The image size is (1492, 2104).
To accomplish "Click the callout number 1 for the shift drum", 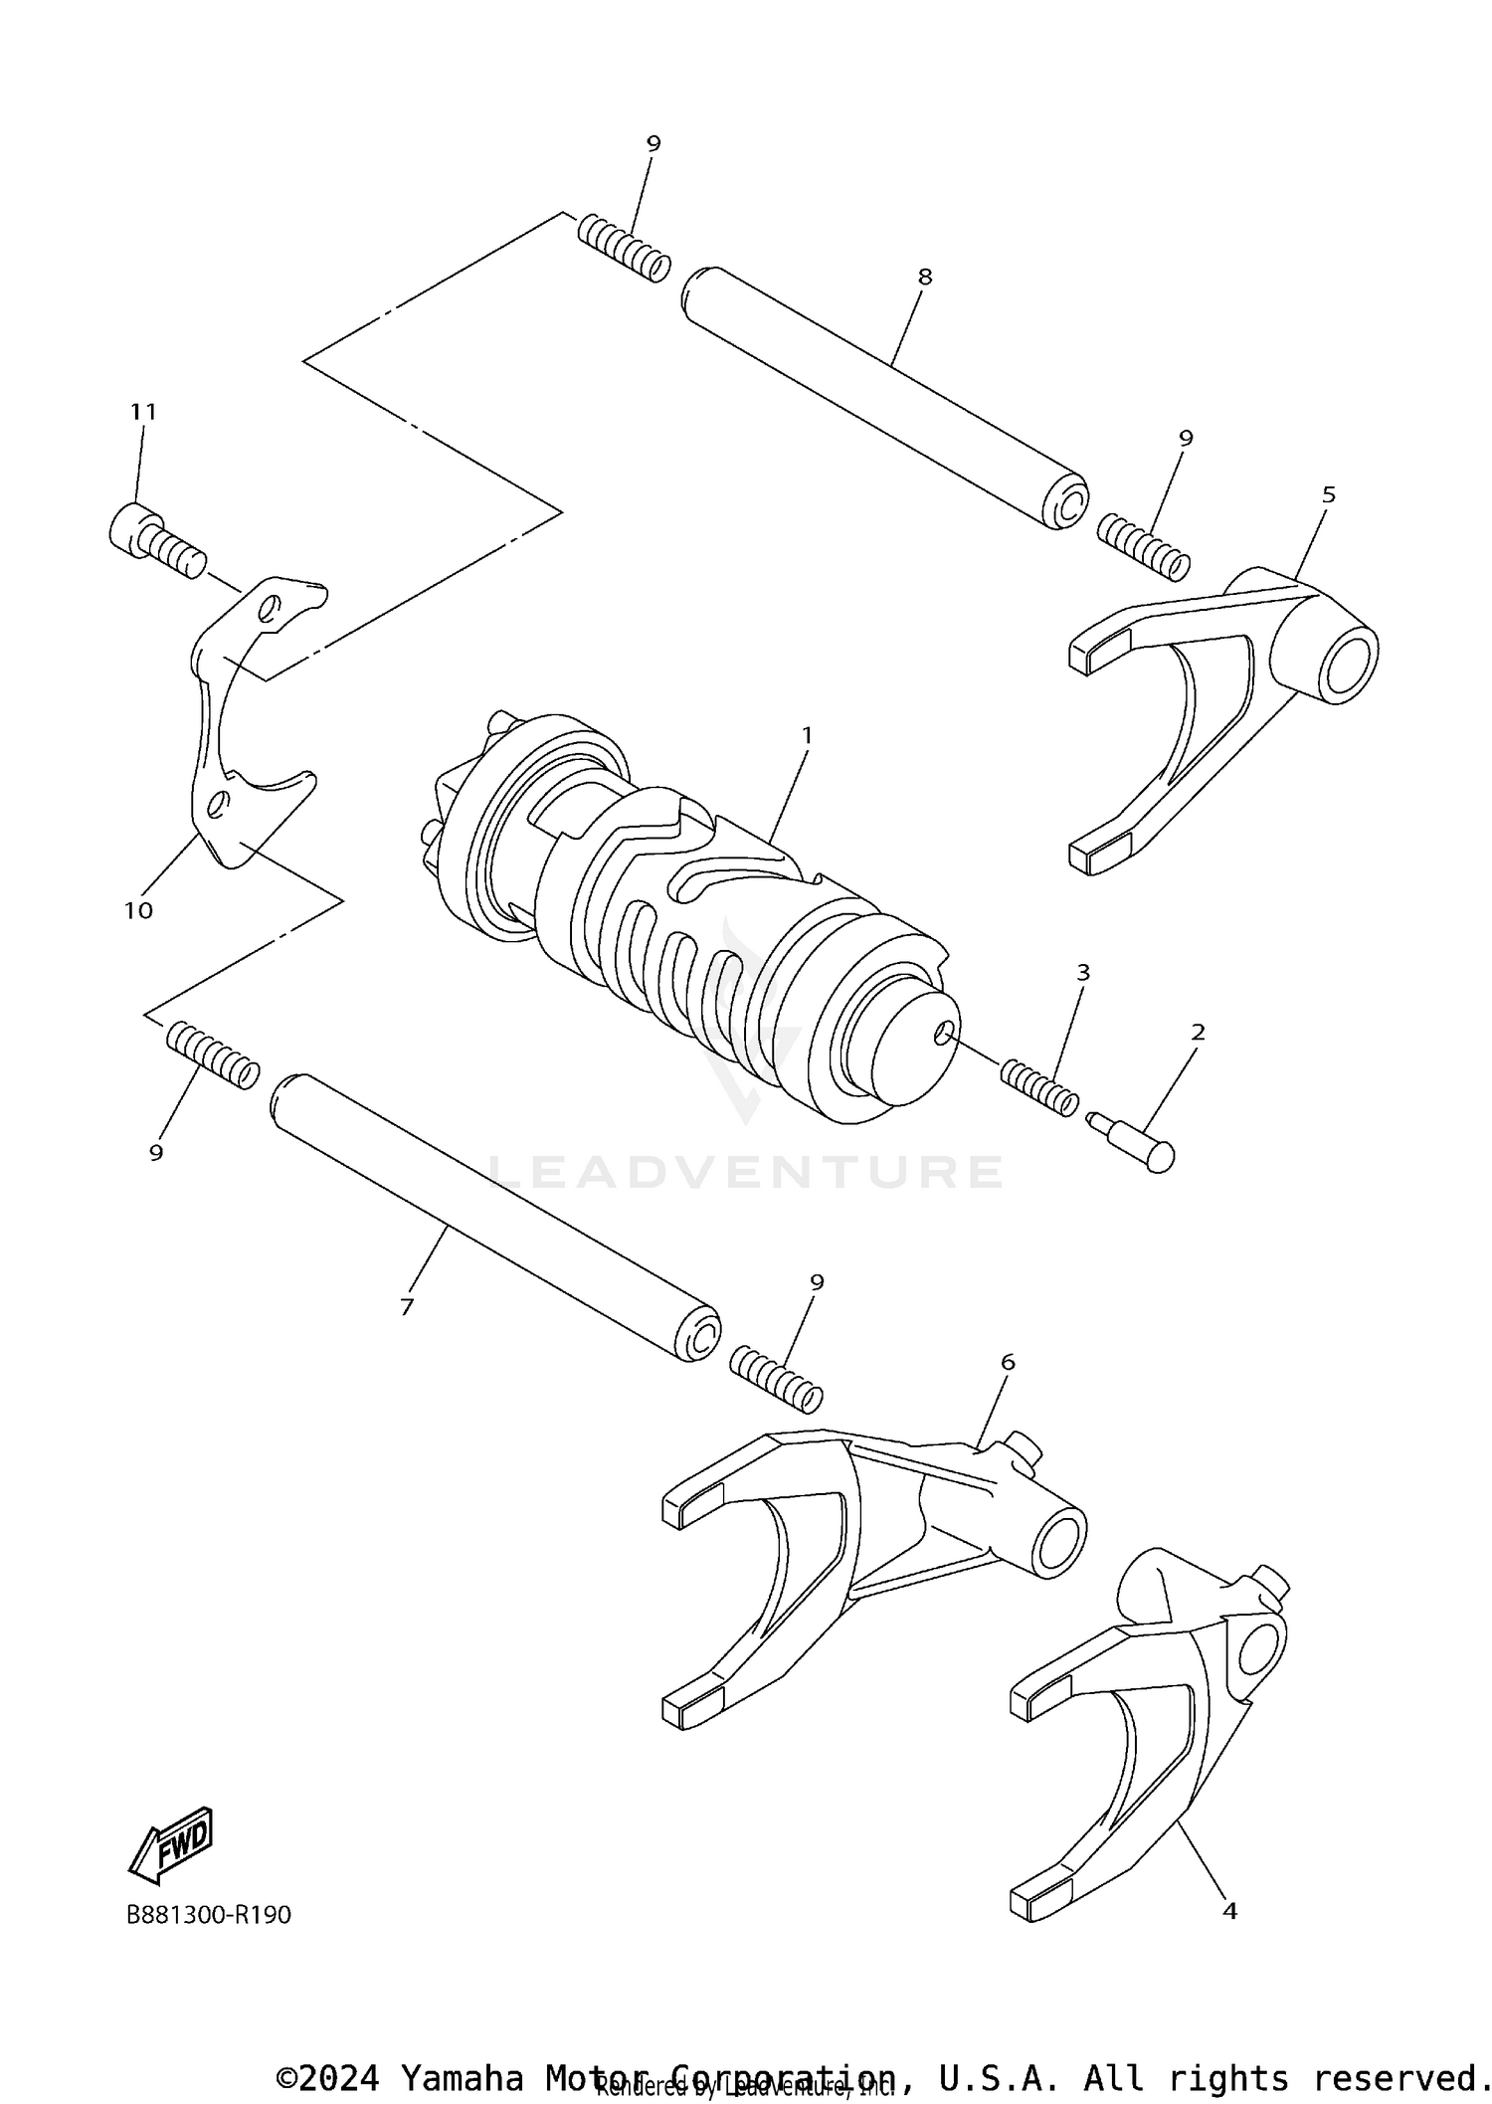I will [x=807, y=735].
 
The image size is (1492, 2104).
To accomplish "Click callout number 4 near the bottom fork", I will [x=1229, y=1910].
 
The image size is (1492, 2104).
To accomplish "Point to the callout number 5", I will [x=1329, y=494].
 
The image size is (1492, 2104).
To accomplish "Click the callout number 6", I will [x=1008, y=1362].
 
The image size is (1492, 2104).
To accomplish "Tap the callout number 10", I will [x=138, y=909].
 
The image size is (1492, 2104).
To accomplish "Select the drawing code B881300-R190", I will [x=209, y=1915].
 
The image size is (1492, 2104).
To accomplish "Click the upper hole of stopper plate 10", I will [x=270, y=608].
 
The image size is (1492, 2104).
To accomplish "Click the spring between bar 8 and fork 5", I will [x=1144, y=547].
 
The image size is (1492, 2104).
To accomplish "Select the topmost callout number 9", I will [x=653, y=143].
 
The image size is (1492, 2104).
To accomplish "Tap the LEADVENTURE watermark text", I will [x=746, y=1173].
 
